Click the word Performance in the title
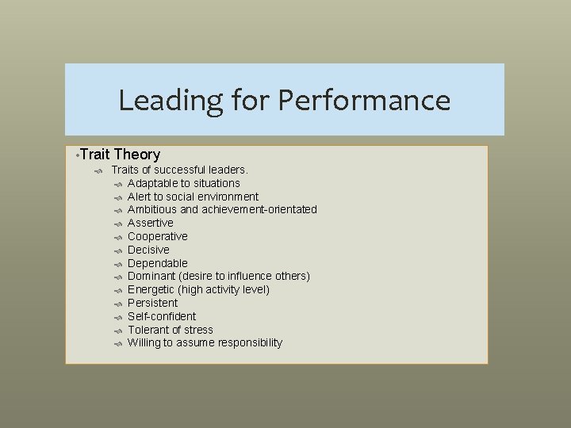tap(364, 101)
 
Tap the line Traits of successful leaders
tap(180, 170)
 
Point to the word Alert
tap(140, 197)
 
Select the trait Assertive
tap(150, 223)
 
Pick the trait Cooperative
tap(157, 236)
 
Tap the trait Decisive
tap(148, 250)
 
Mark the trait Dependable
tap(157, 263)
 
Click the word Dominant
tap(151, 277)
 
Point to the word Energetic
tap(151, 290)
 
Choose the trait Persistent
tap(152, 303)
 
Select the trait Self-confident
tap(161, 316)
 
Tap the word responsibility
tap(247, 343)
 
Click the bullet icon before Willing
tap(117, 344)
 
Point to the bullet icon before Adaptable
tap(117, 184)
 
